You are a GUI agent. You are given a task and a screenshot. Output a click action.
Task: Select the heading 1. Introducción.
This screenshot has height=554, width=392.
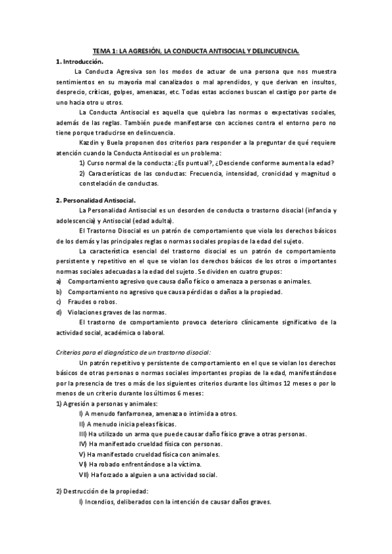(81, 61)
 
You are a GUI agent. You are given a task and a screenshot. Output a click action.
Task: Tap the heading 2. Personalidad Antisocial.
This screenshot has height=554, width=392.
(96, 199)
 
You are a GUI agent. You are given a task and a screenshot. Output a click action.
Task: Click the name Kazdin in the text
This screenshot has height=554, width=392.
(88, 142)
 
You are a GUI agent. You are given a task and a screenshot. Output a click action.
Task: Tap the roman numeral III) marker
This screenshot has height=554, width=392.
(82, 434)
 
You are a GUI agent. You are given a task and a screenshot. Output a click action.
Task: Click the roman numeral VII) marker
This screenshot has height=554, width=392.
(83, 474)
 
